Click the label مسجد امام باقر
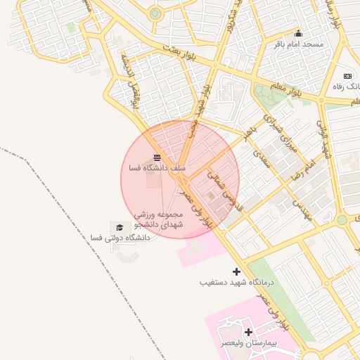point(300,44)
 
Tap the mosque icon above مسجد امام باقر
point(298,33)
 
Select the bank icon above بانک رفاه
point(347,76)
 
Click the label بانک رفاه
point(346,86)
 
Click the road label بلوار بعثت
point(177,53)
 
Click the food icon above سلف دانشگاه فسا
point(156,157)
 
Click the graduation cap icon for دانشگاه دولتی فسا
point(120,228)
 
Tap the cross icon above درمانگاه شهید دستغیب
point(237,271)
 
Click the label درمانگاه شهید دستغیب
point(236,282)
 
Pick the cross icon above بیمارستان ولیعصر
point(248,331)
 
